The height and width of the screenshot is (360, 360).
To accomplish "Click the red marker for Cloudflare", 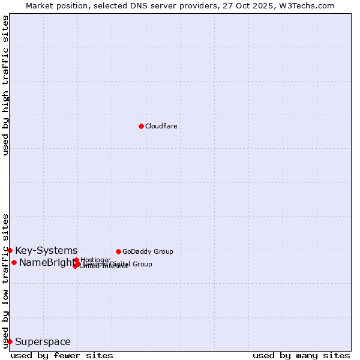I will (141, 126).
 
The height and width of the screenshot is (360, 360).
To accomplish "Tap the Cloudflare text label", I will (161, 126).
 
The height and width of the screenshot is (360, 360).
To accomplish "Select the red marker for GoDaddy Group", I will (118, 251).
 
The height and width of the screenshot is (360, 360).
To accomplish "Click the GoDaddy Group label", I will (148, 251).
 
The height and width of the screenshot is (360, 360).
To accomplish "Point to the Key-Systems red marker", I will (10, 250).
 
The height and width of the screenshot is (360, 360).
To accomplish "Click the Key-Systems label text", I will (46, 250).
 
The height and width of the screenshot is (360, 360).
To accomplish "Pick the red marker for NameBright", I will (14, 262).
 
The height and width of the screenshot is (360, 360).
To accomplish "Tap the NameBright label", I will (46, 262).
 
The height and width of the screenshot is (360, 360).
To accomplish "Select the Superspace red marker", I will (10, 341).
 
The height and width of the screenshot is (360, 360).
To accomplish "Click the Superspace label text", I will (43, 342).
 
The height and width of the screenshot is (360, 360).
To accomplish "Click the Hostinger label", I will (95, 260).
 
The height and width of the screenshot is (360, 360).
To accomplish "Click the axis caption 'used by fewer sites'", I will (62, 355).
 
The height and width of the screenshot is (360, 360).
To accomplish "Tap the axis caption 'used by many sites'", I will (301, 355).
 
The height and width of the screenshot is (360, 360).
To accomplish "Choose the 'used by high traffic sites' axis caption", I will (5, 86).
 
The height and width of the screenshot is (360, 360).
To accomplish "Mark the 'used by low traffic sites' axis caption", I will (5, 280).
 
